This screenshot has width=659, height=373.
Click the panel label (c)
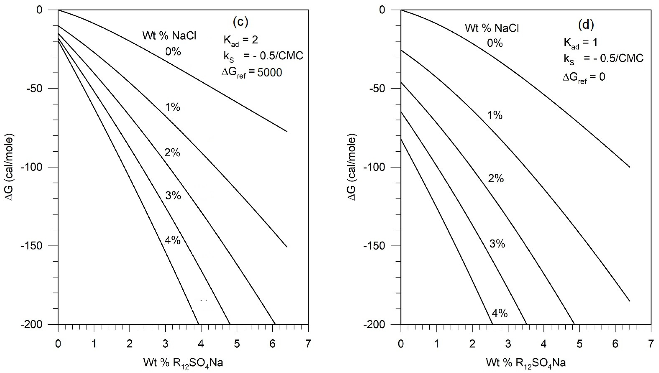click(x=240, y=23)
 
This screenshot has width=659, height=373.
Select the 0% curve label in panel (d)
click(x=495, y=43)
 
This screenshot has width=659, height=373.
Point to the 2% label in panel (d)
click(x=496, y=179)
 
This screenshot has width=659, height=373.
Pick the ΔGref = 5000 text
click(x=252, y=73)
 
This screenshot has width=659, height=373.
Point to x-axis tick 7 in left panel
click(x=308, y=344)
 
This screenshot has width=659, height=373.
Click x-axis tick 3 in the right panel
click(x=508, y=344)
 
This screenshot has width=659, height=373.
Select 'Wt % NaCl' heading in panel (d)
click(x=492, y=28)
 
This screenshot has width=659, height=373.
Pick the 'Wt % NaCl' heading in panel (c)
click(x=169, y=36)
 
